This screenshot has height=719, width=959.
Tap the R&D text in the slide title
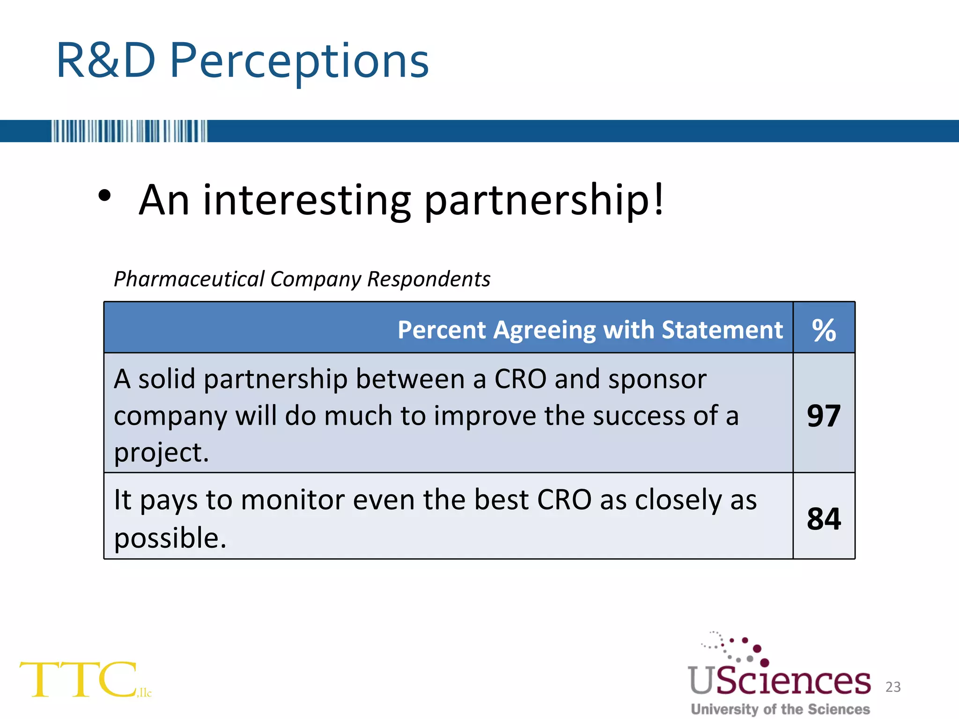pos(105,61)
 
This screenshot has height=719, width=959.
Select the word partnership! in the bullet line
pos(543,200)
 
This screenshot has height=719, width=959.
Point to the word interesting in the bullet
pos(307,200)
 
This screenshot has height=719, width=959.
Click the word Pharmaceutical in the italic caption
pos(189,279)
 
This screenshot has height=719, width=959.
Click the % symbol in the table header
pos(824,330)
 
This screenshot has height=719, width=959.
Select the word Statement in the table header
pos(722,330)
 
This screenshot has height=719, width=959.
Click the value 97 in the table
pos(824,416)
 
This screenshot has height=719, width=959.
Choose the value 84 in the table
pos(824,519)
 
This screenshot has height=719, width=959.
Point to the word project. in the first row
pos(161,453)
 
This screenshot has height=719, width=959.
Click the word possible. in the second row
pos(170,538)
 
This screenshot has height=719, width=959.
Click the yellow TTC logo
pos(80,680)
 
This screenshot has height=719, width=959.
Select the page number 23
pos(893,687)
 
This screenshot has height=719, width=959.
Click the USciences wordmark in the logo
pos(779,681)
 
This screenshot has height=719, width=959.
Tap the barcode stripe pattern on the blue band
pos(129,131)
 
